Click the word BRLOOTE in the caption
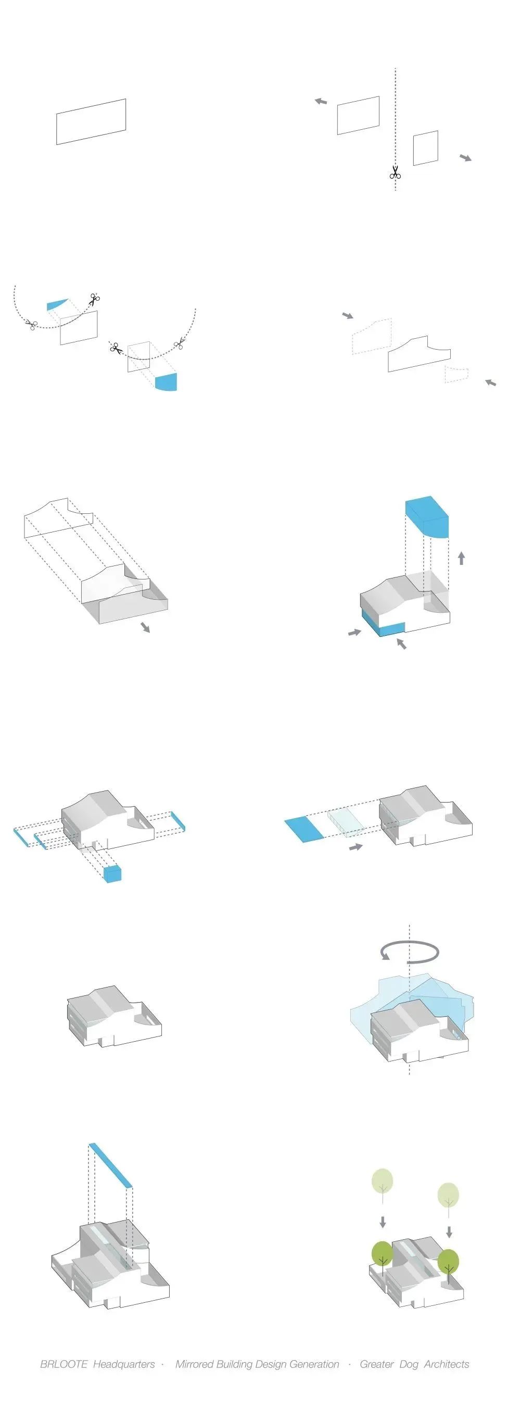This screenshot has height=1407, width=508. point(63,1364)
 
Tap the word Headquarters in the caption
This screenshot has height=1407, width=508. point(124,1364)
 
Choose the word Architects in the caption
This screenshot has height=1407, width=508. point(447,1364)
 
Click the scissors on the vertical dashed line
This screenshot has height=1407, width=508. point(395,172)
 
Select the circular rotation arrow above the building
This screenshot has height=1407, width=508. point(409,951)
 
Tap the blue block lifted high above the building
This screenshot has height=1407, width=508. point(427,516)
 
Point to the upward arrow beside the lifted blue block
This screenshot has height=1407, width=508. point(461,558)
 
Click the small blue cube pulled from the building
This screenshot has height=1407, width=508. point(112,874)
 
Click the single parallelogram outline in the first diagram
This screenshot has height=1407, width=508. point(91,122)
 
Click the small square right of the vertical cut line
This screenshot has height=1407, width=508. point(426,148)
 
